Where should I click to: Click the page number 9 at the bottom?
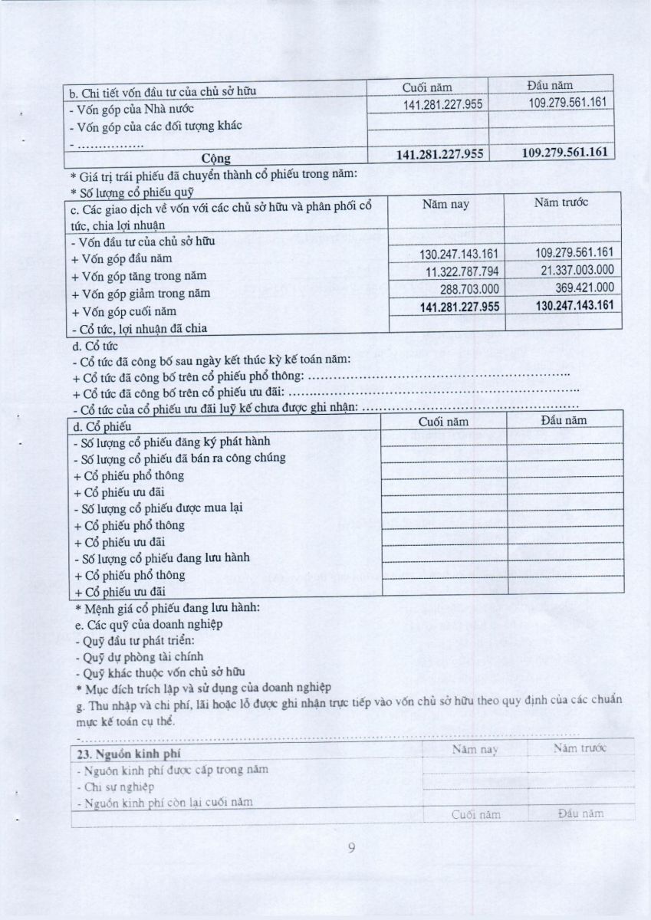pyautogui.click(x=352, y=847)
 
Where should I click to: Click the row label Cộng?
pyautogui.click(x=215, y=159)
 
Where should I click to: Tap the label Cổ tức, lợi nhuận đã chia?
pyautogui.click(x=139, y=328)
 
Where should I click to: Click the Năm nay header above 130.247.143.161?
pyautogui.click(x=446, y=205)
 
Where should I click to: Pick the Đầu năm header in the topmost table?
pyautogui.click(x=550, y=85)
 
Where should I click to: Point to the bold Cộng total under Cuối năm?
pyautogui.click(x=439, y=154)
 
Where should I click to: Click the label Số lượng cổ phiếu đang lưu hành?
pyautogui.click(x=161, y=557)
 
